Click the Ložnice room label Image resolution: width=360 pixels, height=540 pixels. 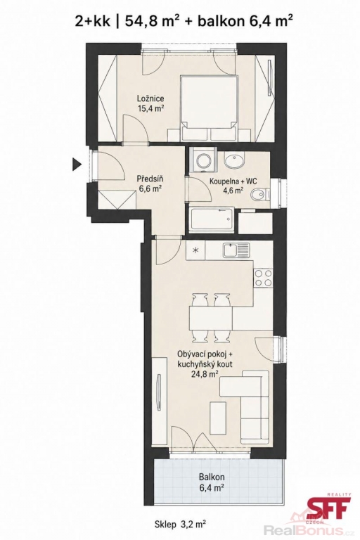(x=150, y=100)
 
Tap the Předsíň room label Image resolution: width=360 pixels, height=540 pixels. (x=150, y=179)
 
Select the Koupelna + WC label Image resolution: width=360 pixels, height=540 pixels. (x=233, y=181)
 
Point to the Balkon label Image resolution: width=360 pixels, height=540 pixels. (x=212, y=477)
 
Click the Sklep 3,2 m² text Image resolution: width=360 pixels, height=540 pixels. (x=181, y=525)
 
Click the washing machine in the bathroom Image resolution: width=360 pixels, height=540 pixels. (x=202, y=160)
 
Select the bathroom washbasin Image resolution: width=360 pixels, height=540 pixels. (x=234, y=161)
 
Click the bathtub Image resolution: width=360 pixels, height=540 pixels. (x=212, y=219)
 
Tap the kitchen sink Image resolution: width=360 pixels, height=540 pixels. (x=236, y=250)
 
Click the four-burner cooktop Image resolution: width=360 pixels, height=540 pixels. (x=263, y=278)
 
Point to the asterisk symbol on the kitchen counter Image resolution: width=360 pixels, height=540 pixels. (x=195, y=250)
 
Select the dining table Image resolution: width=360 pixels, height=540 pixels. (x=210, y=318)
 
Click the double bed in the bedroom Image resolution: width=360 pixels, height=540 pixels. (x=210, y=108)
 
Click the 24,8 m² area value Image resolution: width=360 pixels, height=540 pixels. (x=206, y=374)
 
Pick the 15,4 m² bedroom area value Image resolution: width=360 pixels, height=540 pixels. (x=150, y=108)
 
